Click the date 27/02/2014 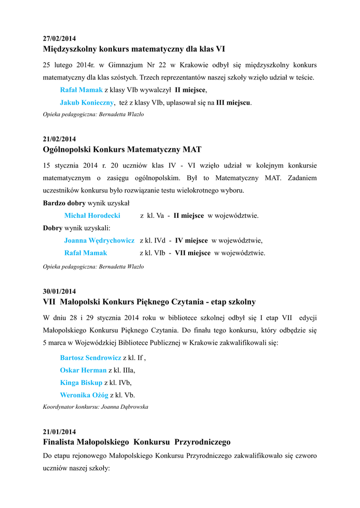coord(59,38)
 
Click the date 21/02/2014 coord(59,139)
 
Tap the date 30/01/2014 coord(59,291)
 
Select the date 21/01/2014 coord(59,432)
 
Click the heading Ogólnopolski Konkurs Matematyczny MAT coord(122,149)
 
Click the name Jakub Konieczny coord(87,103)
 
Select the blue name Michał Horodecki coord(92,216)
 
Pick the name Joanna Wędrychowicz coord(99,241)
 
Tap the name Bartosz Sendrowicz coord(90,357)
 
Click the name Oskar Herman coord(83,370)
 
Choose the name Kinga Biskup coord(81,382)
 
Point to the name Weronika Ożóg coord(84,395)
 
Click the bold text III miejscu coord(233,103)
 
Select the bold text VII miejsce coord(193,253)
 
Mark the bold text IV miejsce coord(191,241)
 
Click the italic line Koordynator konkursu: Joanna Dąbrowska coord(95,407)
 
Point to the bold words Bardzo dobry coord(64,203)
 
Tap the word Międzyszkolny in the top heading coord(70,49)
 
